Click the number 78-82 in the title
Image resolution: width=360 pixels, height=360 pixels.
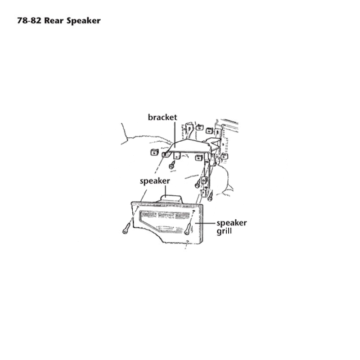point(29,21)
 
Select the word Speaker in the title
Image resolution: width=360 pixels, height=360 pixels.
point(84,21)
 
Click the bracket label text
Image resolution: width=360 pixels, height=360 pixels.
point(162,117)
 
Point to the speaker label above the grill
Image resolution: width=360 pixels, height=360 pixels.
point(155,181)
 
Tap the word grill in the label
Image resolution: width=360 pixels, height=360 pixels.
point(224,231)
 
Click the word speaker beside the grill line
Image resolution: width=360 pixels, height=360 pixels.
point(232,223)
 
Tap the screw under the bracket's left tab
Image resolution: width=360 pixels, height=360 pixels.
point(172,165)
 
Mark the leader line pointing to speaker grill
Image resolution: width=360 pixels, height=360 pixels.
point(205,223)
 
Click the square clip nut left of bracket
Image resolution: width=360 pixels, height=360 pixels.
point(154,152)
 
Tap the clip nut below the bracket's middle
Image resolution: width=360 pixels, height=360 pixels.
point(199,158)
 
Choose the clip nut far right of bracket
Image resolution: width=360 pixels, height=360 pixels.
point(224,156)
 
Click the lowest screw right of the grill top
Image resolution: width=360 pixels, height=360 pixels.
point(210,197)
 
